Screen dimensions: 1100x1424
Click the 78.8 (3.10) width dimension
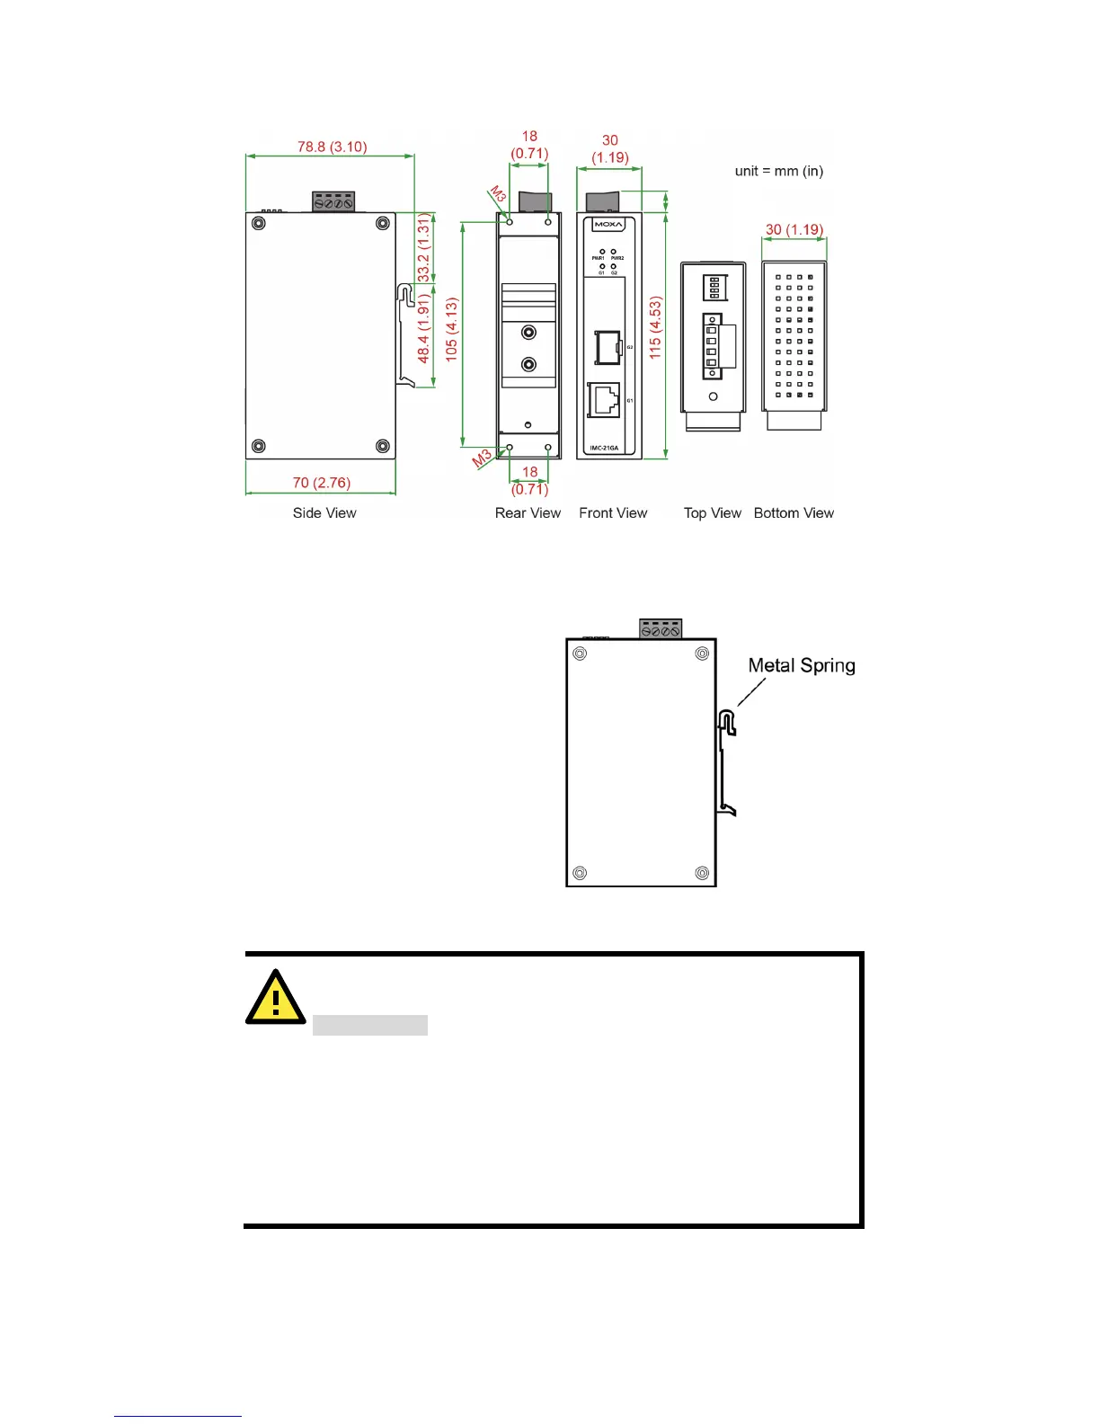[x=332, y=147]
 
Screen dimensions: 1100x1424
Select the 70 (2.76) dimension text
[x=321, y=483]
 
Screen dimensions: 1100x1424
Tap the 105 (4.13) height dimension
[x=451, y=330]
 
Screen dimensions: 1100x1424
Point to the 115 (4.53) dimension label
[x=655, y=329]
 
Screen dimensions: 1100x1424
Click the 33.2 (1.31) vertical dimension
[x=423, y=248]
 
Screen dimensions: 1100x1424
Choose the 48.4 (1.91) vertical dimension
[x=423, y=329]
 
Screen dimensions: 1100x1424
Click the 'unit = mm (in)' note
[x=778, y=171]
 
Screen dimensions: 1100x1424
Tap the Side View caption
[x=324, y=512]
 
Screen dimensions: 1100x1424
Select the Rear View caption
[x=528, y=512]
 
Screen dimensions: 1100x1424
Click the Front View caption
[x=613, y=512]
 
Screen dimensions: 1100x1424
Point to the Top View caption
[x=712, y=512]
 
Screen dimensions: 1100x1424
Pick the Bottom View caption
[x=794, y=512]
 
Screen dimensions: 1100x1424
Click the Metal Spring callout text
[x=802, y=665]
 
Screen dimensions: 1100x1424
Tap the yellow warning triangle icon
[x=275, y=997]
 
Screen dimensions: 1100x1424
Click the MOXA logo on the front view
[x=608, y=225]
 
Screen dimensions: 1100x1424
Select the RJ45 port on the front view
[x=603, y=399]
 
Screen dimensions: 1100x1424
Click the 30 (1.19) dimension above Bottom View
[x=794, y=229]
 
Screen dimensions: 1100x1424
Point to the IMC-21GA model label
[x=604, y=448]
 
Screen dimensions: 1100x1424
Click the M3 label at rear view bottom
[x=483, y=458]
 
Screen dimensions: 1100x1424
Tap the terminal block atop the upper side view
[x=333, y=202]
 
